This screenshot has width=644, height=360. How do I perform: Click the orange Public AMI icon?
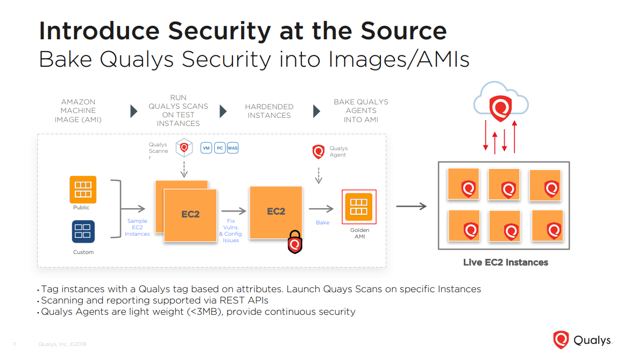(x=83, y=189)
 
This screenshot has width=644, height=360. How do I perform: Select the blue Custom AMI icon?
(x=83, y=231)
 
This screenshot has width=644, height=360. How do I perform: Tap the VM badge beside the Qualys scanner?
(x=206, y=148)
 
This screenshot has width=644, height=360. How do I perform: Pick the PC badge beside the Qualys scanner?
(x=220, y=148)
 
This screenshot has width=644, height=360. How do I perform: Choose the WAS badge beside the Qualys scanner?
(x=232, y=148)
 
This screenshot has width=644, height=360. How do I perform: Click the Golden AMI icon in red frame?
(x=359, y=207)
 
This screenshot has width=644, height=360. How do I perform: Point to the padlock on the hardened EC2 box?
(x=294, y=242)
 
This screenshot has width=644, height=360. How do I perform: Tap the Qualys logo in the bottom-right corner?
(x=582, y=340)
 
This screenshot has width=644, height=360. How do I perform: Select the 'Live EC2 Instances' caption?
(x=505, y=263)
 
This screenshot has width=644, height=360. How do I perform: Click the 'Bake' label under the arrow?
(x=322, y=222)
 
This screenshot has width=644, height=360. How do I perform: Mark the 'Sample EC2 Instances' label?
(x=137, y=227)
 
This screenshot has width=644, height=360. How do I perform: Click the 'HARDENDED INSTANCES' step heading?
(x=269, y=111)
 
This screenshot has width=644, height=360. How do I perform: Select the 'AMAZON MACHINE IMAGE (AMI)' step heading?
(x=78, y=110)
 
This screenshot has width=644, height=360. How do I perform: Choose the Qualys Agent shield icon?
(x=319, y=152)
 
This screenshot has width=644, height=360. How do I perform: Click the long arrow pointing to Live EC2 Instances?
(x=411, y=206)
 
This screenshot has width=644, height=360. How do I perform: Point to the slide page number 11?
(x=15, y=344)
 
